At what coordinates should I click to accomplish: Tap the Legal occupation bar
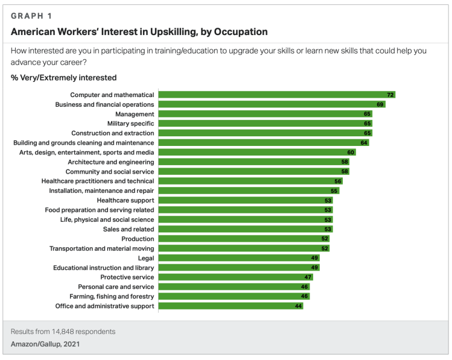point(238,258)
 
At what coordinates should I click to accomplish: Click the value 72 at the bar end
point(390,95)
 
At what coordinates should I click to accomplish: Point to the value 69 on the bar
point(381,104)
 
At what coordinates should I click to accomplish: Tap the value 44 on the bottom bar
point(298,306)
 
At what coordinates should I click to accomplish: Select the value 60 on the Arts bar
point(351,153)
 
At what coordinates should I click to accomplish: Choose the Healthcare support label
point(126,200)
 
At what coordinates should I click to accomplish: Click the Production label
point(138,239)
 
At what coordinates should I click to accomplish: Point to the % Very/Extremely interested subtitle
point(63,78)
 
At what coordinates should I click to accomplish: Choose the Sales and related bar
point(244,229)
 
